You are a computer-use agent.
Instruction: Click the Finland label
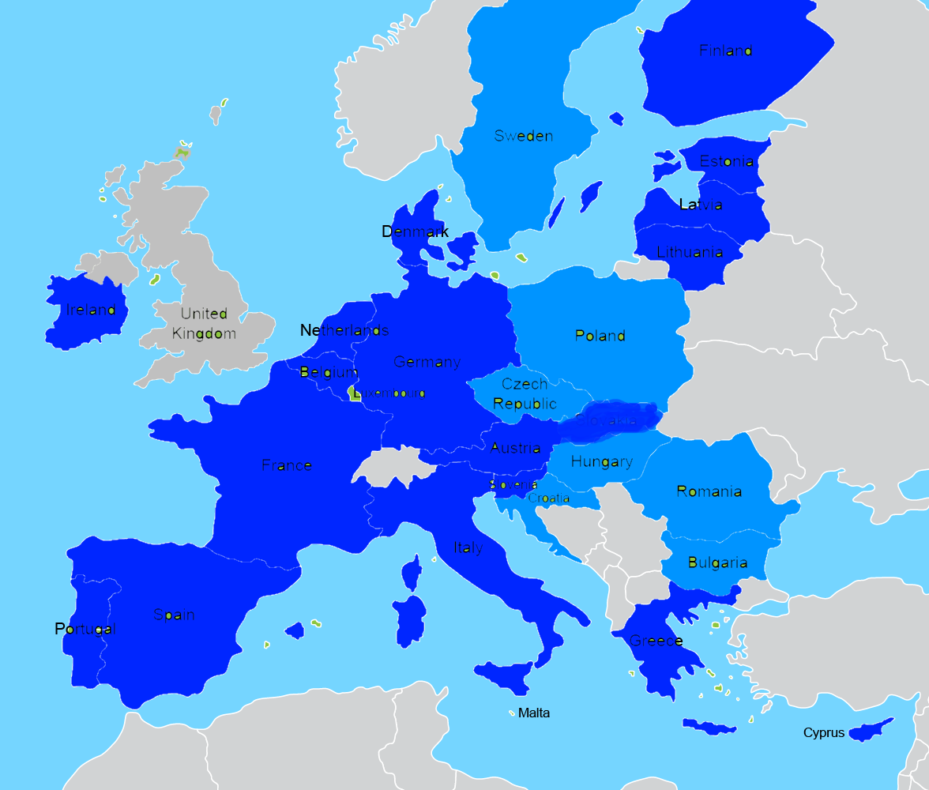[x=725, y=51]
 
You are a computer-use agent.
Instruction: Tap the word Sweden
[x=523, y=136]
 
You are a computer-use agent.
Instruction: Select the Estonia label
[x=726, y=161]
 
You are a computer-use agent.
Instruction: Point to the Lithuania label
[x=690, y=253]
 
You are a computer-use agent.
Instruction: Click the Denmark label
[x=415, y=231]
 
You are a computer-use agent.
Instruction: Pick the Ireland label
[x=91, y=310]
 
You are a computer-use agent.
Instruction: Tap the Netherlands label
[x=344, y=330]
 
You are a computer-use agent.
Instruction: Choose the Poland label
[x=600, y=336]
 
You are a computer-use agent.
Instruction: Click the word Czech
[x=525, y=384]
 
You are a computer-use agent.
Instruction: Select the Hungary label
[x=601, y=461]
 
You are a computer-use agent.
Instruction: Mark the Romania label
[x=709, y=491]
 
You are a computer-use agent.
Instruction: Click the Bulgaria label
[x=717, y=563]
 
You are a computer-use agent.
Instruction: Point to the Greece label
[x=656, y=641]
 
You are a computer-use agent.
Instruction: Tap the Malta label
[x=534, y=713]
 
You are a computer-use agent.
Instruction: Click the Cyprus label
[x=823, y=733]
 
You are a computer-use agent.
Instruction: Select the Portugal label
[x=85, y=629]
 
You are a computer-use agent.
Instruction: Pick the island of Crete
[x=709, y=726]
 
